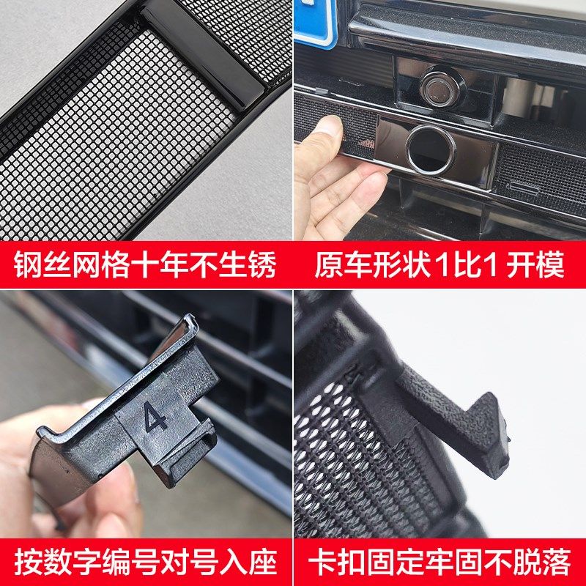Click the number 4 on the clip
pos(155,419)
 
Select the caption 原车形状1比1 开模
pos(440,266)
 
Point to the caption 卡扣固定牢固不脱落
pos(440,562)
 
